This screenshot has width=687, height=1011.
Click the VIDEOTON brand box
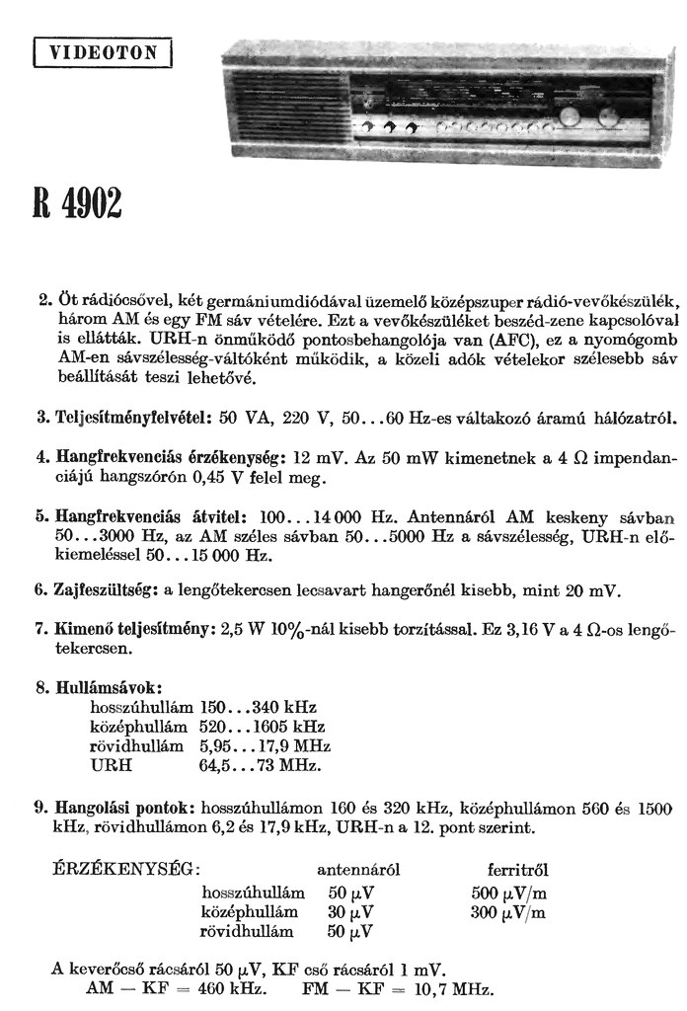(103, 52)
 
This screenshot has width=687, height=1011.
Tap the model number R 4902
(77, 204)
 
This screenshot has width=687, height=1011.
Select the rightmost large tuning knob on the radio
(607, 118)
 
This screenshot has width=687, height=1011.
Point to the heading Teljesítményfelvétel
(125, 419)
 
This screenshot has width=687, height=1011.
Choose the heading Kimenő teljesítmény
(129, 629)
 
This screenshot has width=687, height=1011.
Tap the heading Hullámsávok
(105, 687)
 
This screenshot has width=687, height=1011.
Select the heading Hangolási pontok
(119, 807)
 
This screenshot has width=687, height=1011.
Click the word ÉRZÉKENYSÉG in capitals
(125, 870)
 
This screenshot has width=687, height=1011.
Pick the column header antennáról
(358, 870)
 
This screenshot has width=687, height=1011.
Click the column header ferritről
(518, 870)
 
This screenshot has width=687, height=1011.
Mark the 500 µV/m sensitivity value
(508, 893)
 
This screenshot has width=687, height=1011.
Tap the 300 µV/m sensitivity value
(508, 912)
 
